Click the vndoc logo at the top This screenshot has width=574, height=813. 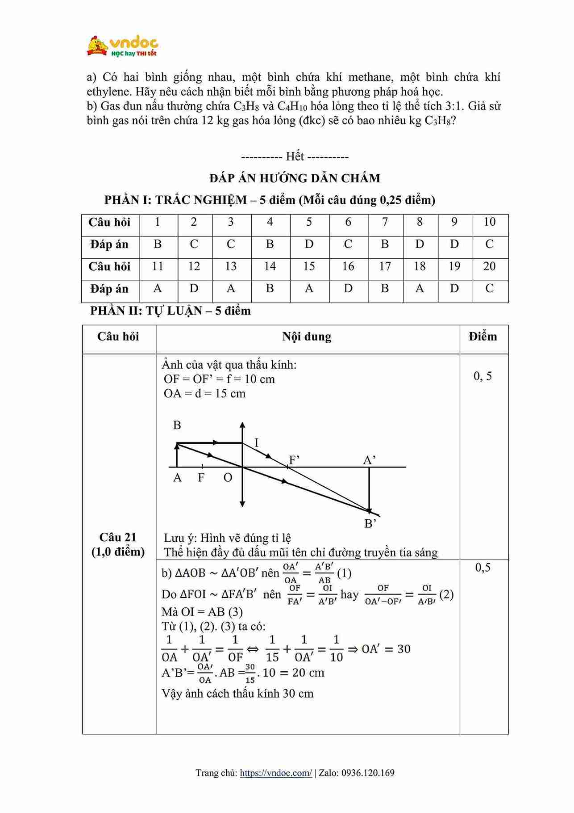click(x=122, y=46)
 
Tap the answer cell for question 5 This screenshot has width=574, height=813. click(x=309, y=244)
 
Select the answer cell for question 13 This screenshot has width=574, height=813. click(x=231, y=289)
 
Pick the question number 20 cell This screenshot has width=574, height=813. click(x=489, y=266)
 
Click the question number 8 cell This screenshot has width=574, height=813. click(x=420, y=222)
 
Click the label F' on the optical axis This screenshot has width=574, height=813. click(x=294, y=460)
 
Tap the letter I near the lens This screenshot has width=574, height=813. click(x=257, y=443)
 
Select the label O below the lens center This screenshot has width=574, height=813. click(x=228, y=478)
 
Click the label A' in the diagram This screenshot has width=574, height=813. click(x=370, y=460)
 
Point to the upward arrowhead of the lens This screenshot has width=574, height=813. click(x=242, y=425)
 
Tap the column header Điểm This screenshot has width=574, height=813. click(x=483, y=337)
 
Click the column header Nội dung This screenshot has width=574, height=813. click(x=307, y=337)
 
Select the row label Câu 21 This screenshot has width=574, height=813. click(x=118, y=537)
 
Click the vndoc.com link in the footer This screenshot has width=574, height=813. click(x=276, y=773)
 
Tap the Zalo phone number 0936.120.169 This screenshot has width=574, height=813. click(x=368, y=773)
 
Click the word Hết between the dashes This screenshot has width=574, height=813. click(x=295, y=156)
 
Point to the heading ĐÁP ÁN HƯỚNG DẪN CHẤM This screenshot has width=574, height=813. click(x=295, y=178)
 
